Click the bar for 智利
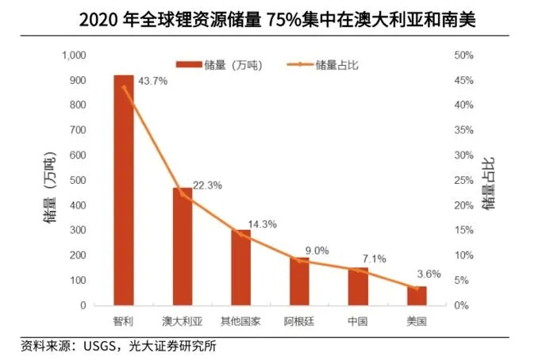[x=123, y=190]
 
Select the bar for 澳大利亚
[x=183, y=247]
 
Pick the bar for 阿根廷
[x=299, y=281]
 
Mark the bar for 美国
[x=417, y=296]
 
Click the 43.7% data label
[x=152, y=81]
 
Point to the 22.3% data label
[x=208, y=185]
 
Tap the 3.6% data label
[x=426, y=274]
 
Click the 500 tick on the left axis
[x=77, y=181]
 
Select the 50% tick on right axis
[x=463, y=56]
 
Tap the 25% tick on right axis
[x=463, y=181]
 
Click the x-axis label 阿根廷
[x=299, y=322]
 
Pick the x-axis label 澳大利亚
[x=182, y=322]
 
